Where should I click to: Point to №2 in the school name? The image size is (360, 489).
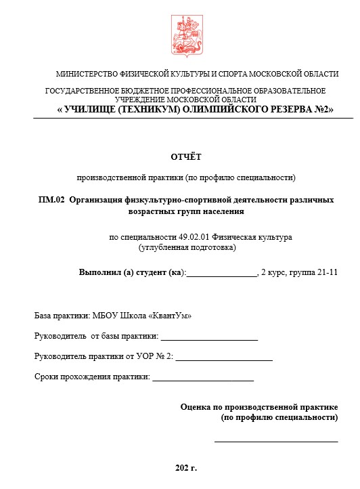click(x=321, y=109)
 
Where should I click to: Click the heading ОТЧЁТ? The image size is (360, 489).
click(x=185, y=157)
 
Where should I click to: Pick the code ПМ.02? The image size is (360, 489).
click(x=51, y=200)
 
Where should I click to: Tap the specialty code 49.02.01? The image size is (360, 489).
click(x=196, y=237)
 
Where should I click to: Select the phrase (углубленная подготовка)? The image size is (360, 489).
click(x=187, y=247)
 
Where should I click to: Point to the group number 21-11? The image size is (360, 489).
click(x=325, y=272)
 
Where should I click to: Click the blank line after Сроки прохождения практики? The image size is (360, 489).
click(x=203, y=378)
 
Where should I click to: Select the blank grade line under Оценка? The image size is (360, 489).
click(x=276, y=441)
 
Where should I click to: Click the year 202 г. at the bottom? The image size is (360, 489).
click(x=185, y=468)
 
